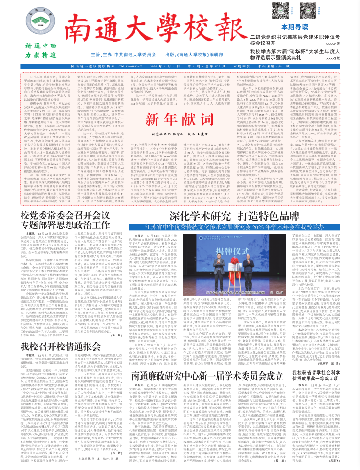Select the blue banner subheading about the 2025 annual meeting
pyautogui.click(x=234, y=213)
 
